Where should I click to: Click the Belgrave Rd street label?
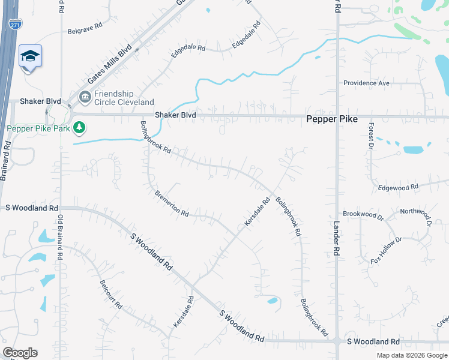click(x=85, y=31)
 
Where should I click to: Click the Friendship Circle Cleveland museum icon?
click(x=85, y=97)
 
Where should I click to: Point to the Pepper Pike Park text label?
click(x=40, y=128)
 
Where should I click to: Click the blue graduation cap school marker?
click(x=30, y=56)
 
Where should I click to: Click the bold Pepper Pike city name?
click(x=332, y=119)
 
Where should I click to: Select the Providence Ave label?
click(x=366, y=83)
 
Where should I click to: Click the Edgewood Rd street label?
click(x=398, y=188)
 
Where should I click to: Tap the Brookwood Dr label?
click(x=363, y=214)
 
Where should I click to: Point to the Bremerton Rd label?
click(x=172, y=205)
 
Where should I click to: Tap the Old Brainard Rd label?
click(x=60, y=237)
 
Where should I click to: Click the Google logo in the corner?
click(x=20, y=353)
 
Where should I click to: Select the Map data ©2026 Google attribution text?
click(x=411, y=355)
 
